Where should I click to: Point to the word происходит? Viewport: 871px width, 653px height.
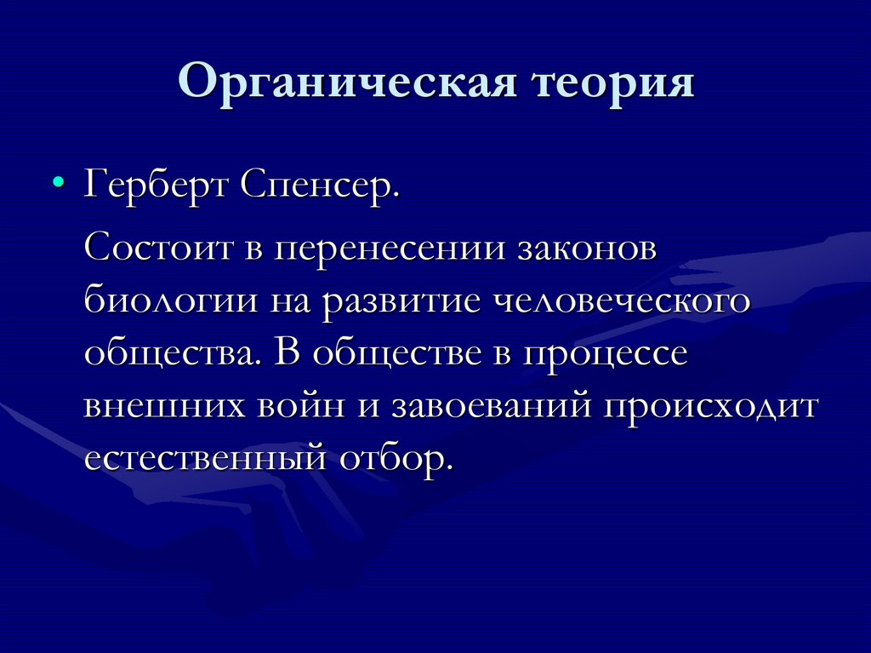[x=710, y=406]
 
